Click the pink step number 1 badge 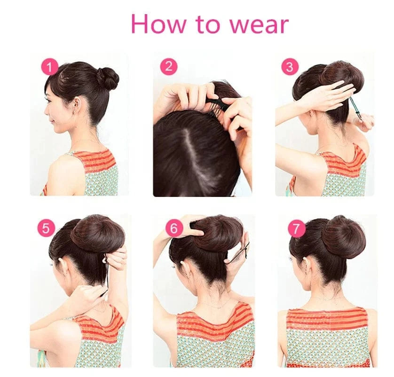pyautogui.click(x=50, y=67)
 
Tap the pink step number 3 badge pyautogui.click(x=289, y=67)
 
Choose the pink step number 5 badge pyautogui.click(x=46, y=228)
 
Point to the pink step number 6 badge pyautogui.click(x=174, y=228)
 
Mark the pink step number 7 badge pyautogui.click(x=296, y=228)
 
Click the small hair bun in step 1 pyautogui.click(x=108, y=78)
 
